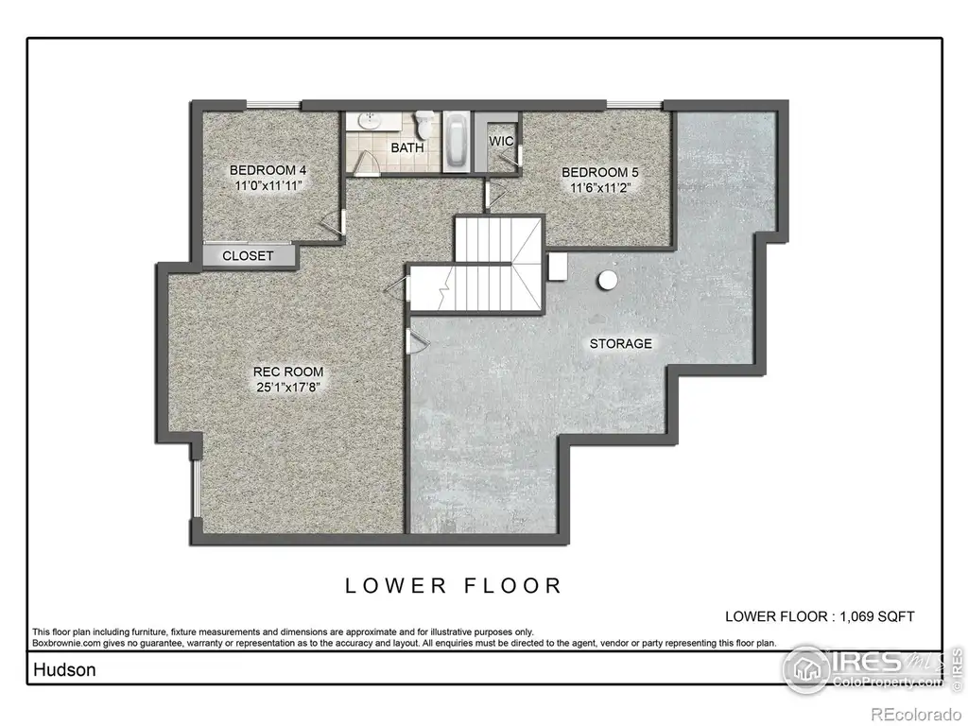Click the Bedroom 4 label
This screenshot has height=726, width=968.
[268, 170]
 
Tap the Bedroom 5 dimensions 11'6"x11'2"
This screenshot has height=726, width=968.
[598, 188]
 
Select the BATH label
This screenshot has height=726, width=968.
[407, 147]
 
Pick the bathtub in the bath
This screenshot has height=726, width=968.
[457, 142]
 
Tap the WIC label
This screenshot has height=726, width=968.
[501, 142]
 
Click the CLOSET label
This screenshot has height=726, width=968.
[248, 255]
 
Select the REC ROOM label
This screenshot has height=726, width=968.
[288, 372]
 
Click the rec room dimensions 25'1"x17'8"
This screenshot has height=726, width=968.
[288, 388]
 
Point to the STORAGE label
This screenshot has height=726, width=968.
[620, 344]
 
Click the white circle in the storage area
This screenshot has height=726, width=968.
[608, 281]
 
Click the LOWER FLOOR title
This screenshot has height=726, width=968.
[453, 585]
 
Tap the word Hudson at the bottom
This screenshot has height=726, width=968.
[64, 670]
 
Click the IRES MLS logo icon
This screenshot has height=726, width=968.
[806, 669]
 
